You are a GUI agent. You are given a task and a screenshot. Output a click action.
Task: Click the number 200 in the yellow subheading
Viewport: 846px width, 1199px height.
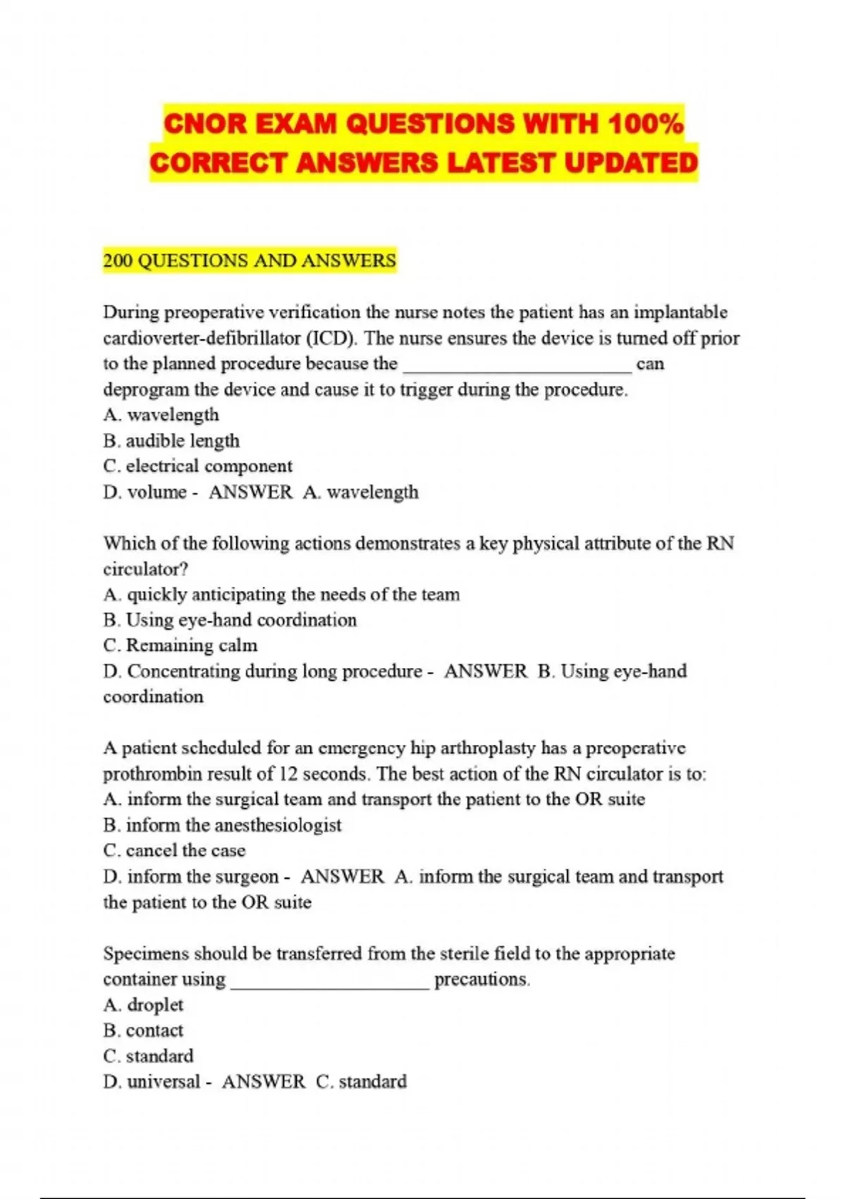pos(118,261)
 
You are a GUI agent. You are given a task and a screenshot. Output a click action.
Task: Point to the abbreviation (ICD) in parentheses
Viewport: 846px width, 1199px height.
pos(332,339)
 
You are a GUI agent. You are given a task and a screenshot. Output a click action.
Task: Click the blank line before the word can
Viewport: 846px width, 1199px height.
pos(517,365)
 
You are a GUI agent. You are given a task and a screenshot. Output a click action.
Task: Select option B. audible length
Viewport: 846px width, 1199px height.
pos(171,441)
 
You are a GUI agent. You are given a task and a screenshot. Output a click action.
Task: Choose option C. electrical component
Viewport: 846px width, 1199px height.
pos(197,466)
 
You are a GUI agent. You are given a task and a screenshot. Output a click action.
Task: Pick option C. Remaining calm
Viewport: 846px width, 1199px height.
pos(180,645)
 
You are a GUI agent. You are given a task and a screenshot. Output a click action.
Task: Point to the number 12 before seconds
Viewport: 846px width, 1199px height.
pos(288,774)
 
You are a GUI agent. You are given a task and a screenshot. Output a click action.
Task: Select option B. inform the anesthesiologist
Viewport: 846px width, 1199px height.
pos(222,825)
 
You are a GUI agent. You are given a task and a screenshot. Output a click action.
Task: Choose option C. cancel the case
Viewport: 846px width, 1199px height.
pos(174,851)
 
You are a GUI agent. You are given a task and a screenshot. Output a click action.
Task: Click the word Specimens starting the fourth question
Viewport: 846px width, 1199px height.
pos(146,954)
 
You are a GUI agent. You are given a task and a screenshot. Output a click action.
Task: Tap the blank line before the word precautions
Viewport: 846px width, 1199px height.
pos(330,980)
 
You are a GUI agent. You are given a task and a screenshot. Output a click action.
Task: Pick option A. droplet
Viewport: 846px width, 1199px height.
pos(143,1005)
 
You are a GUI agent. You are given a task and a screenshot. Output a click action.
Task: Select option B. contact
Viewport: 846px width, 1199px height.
pos(143,1030)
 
